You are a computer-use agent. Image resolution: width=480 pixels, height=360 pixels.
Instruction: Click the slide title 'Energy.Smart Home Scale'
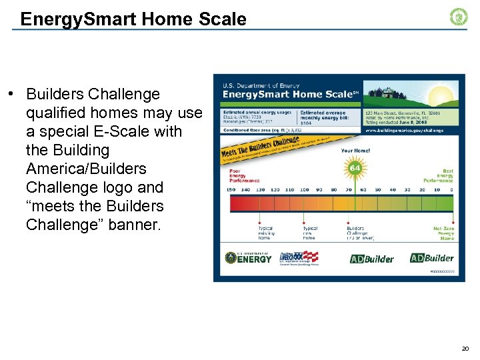[x=133, y=19]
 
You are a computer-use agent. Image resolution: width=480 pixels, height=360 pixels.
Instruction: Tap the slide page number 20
[x=464, y=349]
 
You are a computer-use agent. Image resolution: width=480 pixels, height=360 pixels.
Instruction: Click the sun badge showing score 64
[x=355, y=168]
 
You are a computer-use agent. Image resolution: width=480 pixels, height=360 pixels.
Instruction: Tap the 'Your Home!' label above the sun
[x=355, y=151]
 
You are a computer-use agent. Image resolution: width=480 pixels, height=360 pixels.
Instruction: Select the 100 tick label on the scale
[x=303, y=189]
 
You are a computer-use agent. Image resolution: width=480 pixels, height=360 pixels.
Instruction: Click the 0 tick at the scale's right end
[x=451, y=189]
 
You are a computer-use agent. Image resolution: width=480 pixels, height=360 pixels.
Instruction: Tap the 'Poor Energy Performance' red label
[x=243, y=175]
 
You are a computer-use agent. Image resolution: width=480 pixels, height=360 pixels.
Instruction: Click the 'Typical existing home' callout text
[x=265, y=233]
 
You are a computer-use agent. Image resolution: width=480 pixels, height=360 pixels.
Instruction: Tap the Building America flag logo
[x=301, y=258]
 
